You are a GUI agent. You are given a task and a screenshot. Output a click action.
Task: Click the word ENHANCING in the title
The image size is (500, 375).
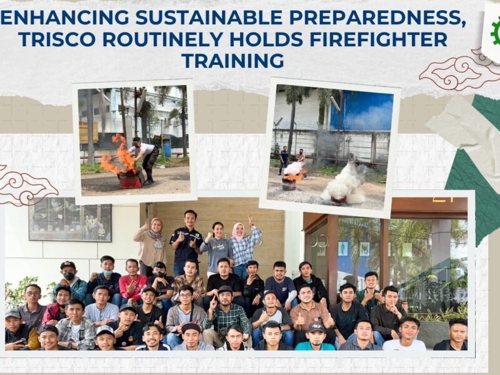click(65, 17)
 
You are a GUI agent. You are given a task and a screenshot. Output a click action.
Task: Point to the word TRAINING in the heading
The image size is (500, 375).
click(232, 61)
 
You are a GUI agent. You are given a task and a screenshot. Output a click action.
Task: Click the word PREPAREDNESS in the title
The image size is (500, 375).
click(377, 17)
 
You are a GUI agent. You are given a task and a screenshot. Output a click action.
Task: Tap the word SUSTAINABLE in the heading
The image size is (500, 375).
click(209, 17)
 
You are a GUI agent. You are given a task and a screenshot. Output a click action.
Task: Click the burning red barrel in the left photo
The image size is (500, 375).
click(130, 179)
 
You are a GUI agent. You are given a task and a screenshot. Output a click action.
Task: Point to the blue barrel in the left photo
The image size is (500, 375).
click(167, 147)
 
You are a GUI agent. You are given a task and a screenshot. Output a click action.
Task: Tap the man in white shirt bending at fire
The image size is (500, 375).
click(144, 160)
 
